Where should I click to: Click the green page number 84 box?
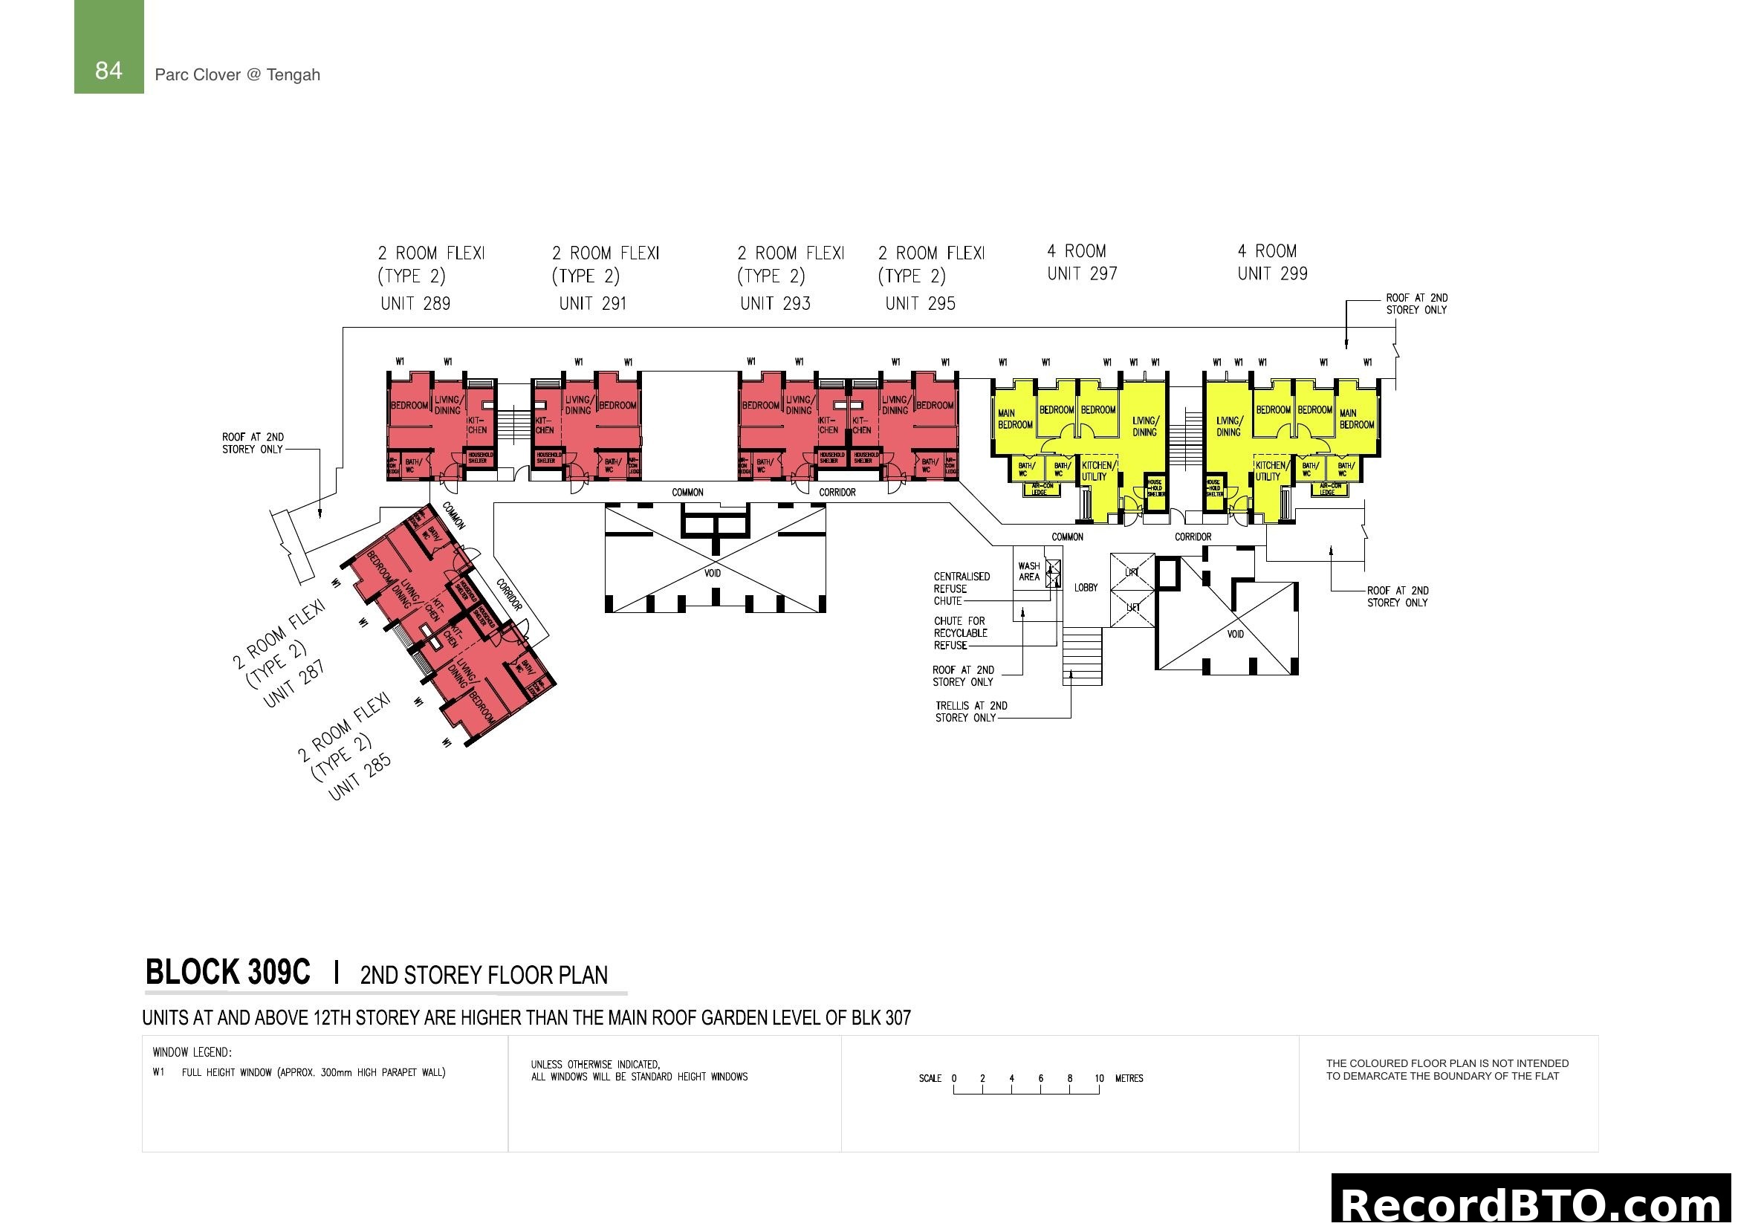pyautogui.click(x=108, y=47)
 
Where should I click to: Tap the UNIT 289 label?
pyautogui.click(x=415, y=303)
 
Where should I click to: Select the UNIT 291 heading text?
pyautogui.click(x=593, y=303)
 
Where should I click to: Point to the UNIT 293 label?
pyautogui.click(x=775, y=303)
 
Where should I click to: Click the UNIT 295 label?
pyautogui.click(x=921, y=303)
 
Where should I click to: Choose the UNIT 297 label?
pyautogui.click(x=1083, y=274)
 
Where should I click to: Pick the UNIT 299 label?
pyautogui.click(x=1272, y=274)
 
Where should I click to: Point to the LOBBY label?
pyautogui.click(x=1086, y=587)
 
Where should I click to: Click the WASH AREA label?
pyautogui.click(x=1028, y=571)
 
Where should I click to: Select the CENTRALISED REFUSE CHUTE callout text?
pyautogui.click(x=961, y=588)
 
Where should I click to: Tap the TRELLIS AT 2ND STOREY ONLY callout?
pyautogui.click(x=970, y=711)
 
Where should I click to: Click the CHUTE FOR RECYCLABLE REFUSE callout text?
pyautogui.click(x=960, y=633)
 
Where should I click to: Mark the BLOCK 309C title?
pyautogui.click(x=227, y=973)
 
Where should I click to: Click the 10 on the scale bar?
pyautogui.click(x=1098, y=1078)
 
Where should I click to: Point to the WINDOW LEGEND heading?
pyautogui.click(x=192, y=1053)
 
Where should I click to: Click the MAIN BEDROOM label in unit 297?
pyautogui.click(x=1014, y=419)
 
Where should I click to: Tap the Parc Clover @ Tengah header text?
pyautogui.click(x=237, y=75)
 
